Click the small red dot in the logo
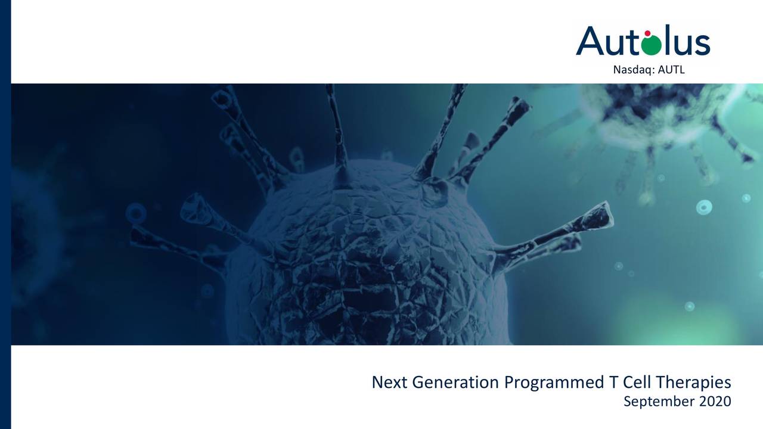coord(648,33)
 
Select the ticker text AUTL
coord(672,70)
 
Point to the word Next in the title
coord(388,382)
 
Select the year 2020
coord(714,401)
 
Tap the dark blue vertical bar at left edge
coord(5,214)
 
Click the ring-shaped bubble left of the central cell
coord(136,212)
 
